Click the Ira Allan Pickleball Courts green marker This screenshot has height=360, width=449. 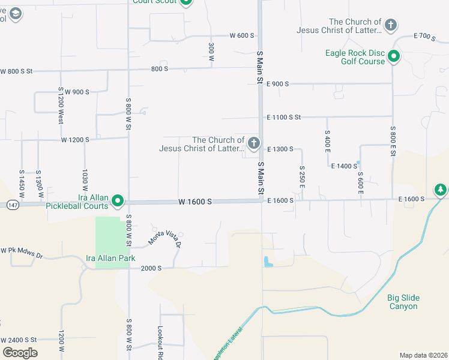(x=118, y=201)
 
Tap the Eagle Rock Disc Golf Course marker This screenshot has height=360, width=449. (x=394, y=57)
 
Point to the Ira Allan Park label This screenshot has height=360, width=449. (x=110, y=258)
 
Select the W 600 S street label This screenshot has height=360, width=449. (x=243, y=35)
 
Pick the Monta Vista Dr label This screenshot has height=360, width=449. (x=164, y=237)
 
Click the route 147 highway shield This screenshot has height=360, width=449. (x=12, y=205)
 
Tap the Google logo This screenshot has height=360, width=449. (x=20, y=353)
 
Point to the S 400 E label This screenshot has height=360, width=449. (x=327, y=140)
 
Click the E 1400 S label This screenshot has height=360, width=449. (x=344, y=165)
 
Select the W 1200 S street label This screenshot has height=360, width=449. (x=75, y=140)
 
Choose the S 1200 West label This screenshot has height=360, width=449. (x=61, y=106)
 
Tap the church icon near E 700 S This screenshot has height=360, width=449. (x=391, y=25)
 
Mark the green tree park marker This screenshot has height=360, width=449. (x=441, y=190)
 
